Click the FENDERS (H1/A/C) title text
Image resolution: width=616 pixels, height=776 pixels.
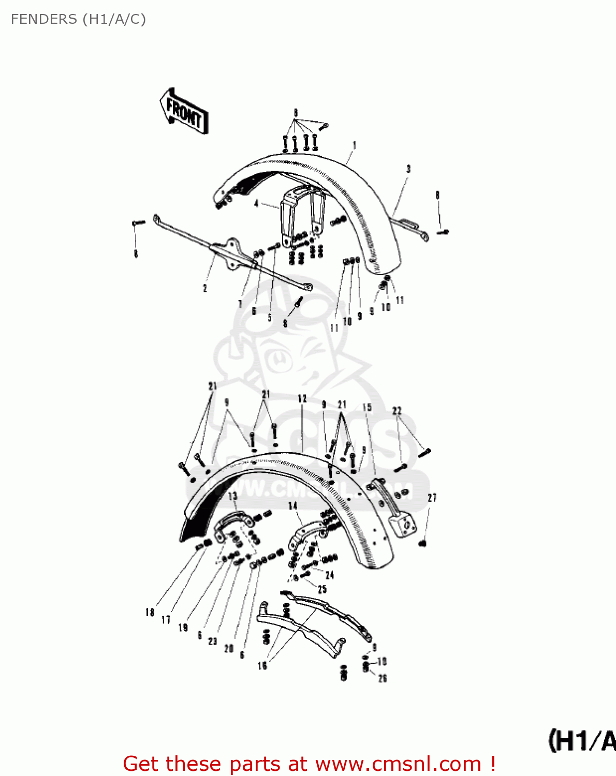(78, 19)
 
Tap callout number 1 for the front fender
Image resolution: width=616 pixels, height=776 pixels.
(355, 145)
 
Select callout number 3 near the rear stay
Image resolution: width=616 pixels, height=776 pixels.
(408, 169)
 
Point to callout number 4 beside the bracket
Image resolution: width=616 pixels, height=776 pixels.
(256, 203)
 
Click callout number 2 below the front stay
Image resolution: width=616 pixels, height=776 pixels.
(205, 288)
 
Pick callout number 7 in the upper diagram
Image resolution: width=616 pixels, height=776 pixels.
(240, 304)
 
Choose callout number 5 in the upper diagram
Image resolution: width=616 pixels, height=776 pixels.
(270, 317)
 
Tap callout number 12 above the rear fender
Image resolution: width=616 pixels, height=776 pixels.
(302, 398)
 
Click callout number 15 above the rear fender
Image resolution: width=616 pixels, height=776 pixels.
(367, 408)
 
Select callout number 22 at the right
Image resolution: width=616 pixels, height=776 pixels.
(397, 411)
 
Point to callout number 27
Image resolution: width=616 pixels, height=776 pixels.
(432, 498)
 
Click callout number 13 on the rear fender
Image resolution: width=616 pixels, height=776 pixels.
(232, 497)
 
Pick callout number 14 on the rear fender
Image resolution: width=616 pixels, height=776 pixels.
(293, 505)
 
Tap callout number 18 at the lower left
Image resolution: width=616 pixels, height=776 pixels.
(150, 612)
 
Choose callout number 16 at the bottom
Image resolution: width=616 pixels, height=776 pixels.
(262, 665)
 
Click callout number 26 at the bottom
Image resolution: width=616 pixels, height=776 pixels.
(383, 678)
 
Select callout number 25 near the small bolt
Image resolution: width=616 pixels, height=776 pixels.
(322, 589)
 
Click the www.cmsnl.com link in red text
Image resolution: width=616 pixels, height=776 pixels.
(398, 764)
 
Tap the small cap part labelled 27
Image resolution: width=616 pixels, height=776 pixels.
(422, 543)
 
